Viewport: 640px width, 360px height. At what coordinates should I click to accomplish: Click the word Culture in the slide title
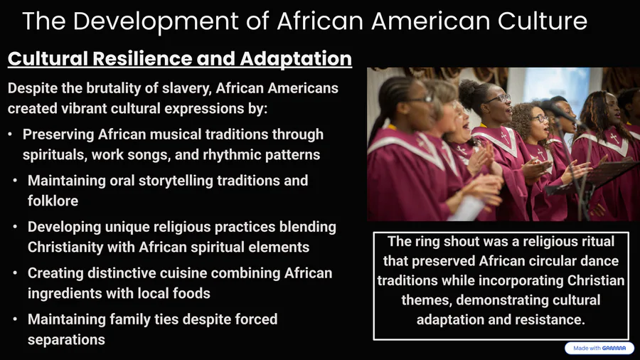[543, 21]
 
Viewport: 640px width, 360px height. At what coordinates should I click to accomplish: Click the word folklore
[53, 201]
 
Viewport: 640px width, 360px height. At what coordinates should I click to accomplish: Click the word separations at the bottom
[66, 340]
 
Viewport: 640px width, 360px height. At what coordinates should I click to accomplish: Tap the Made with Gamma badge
[599, 348]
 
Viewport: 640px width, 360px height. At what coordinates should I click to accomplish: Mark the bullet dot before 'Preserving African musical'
[10, 134]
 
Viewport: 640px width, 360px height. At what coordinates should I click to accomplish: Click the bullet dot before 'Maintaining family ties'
[15, 319]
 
